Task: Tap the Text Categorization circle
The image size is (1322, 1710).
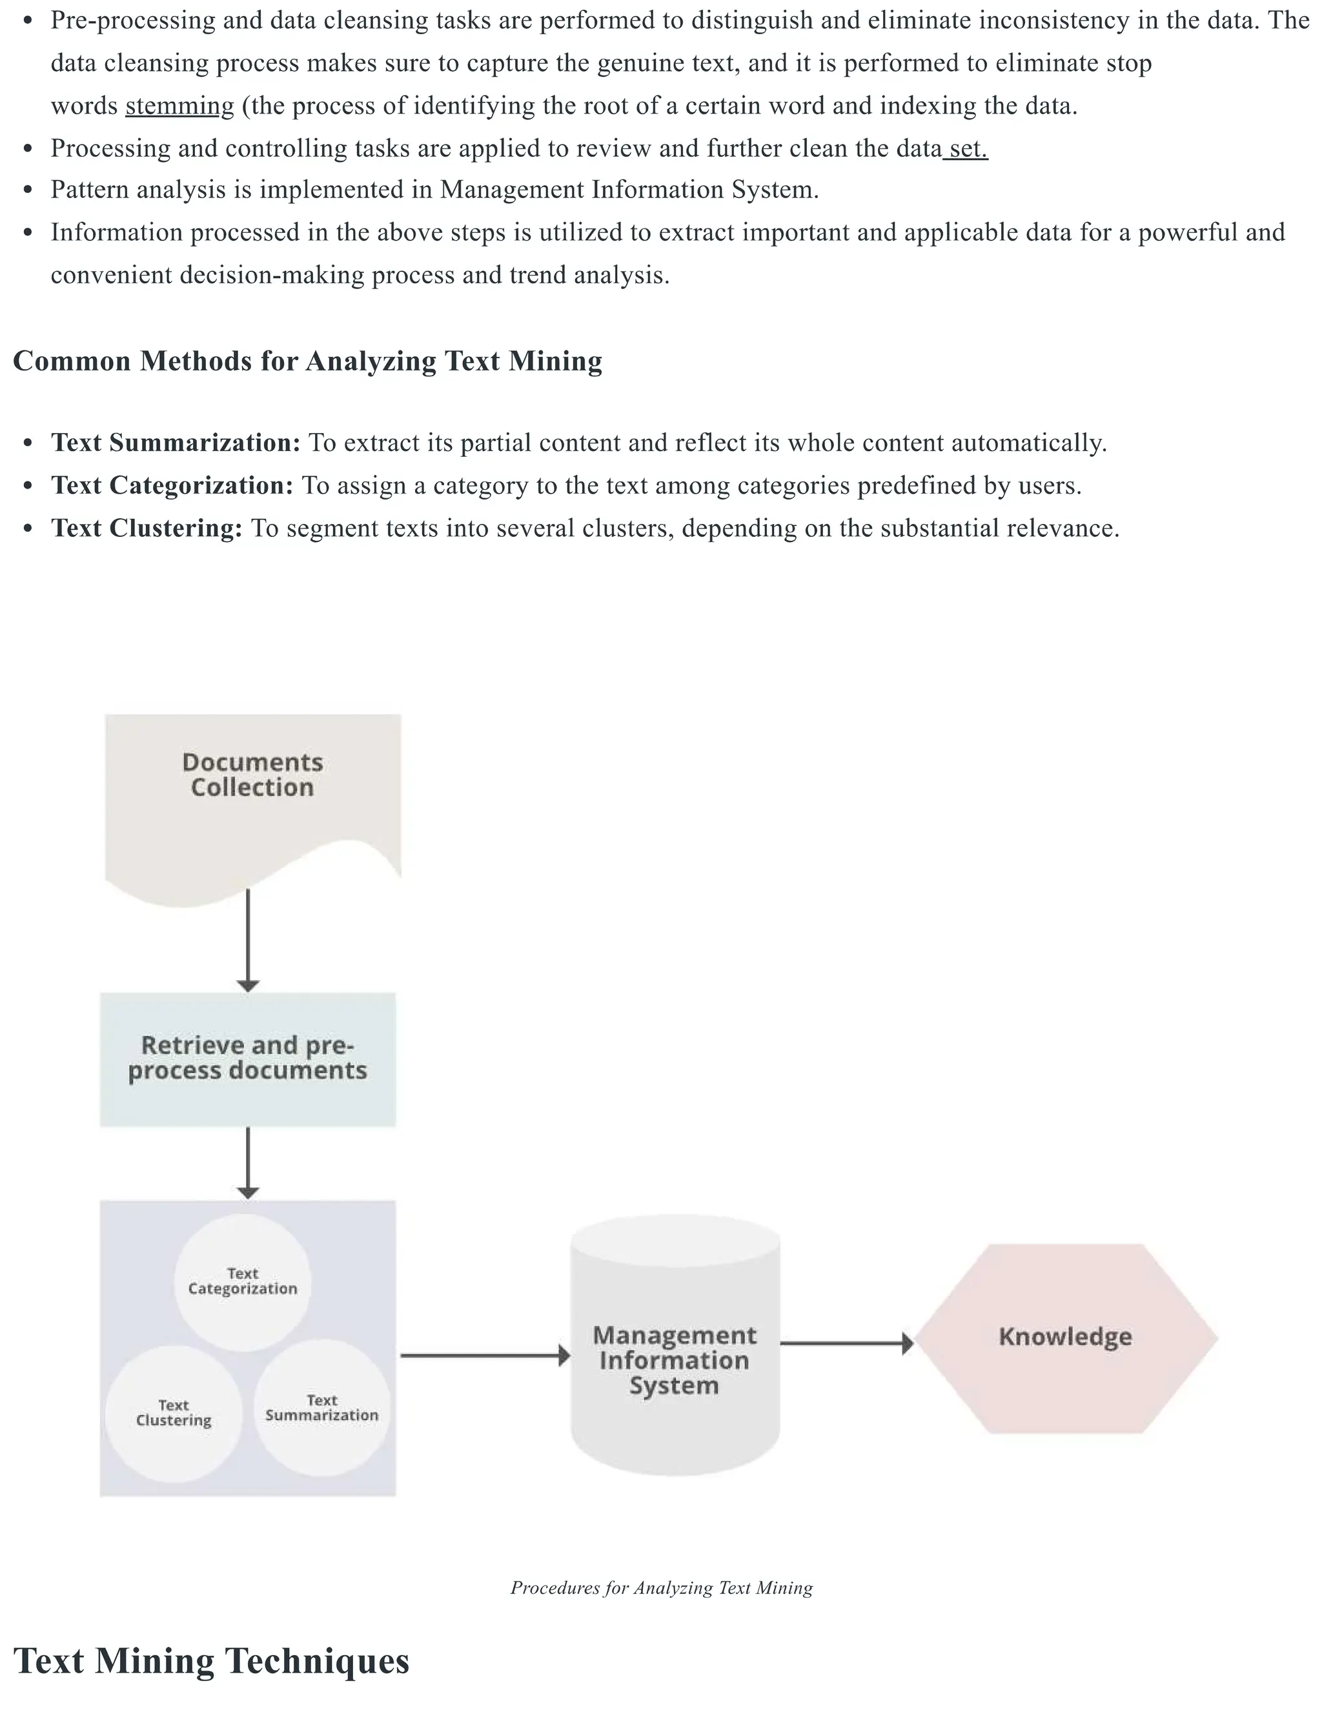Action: [x=242, y=1282]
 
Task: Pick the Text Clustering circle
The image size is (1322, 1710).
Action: [x=174, y=1413]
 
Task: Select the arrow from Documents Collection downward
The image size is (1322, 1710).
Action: [x=247, y=940]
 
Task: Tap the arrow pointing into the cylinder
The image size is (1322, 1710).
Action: [x=485, y=1354]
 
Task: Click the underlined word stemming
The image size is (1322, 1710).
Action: [x=179, y=106]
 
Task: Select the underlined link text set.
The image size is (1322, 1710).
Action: [x=967, y=148]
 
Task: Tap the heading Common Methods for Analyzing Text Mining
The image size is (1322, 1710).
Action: [x=308, y=361]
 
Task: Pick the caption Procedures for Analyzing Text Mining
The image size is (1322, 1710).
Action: [x=661, y=1587]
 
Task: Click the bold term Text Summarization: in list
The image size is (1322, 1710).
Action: [x=176, y=443]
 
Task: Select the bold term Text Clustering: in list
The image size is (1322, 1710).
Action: [x=147, y=528]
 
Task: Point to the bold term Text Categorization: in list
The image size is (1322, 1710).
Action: [x=172, y=485]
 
